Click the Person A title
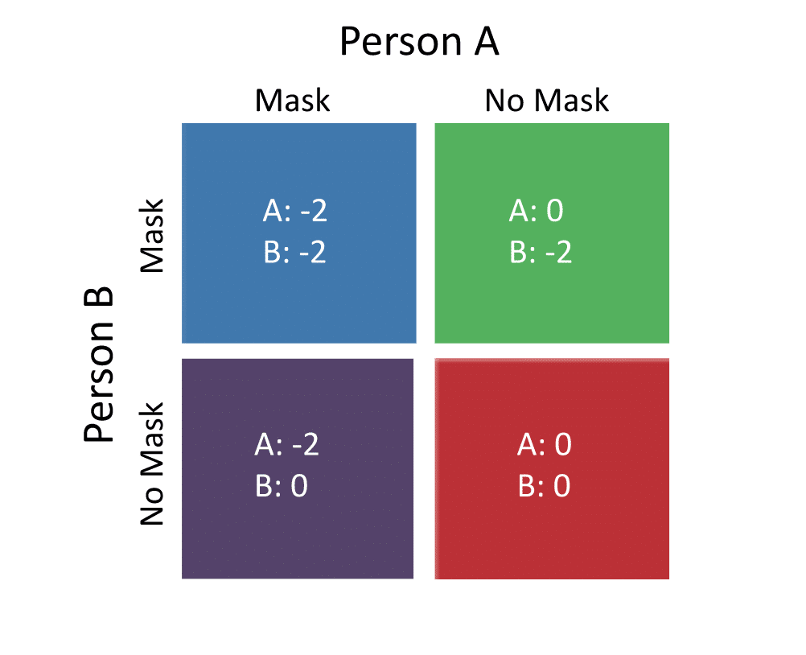419,41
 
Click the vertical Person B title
98,364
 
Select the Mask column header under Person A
292,100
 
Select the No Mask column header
546,100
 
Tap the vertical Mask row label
152,236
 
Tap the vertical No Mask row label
152,463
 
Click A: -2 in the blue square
294,211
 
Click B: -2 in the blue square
294,253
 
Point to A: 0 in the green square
537,211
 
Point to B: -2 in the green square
541,253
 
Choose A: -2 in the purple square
287,444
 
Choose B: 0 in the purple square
282,486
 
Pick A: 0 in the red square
545,444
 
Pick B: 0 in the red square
545,486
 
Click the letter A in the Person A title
487,41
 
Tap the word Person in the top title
401,41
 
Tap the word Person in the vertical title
98,381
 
